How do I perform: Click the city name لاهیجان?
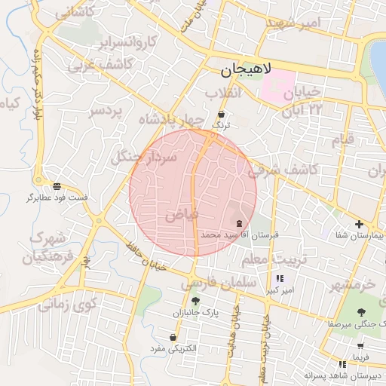247,72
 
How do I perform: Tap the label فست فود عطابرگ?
57,198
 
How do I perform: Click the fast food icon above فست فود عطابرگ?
57,185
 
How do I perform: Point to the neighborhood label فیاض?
182,214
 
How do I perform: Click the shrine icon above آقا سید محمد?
240,223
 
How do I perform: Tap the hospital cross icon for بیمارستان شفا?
359,224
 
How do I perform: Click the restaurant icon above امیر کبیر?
280,278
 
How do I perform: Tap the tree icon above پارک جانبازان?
196,301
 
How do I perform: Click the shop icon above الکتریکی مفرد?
174,337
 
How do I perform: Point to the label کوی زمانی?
69,305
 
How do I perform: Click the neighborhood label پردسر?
105,111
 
